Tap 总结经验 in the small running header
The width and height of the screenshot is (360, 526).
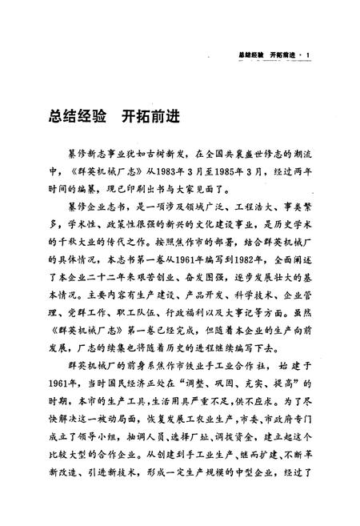(x=255, y=55)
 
